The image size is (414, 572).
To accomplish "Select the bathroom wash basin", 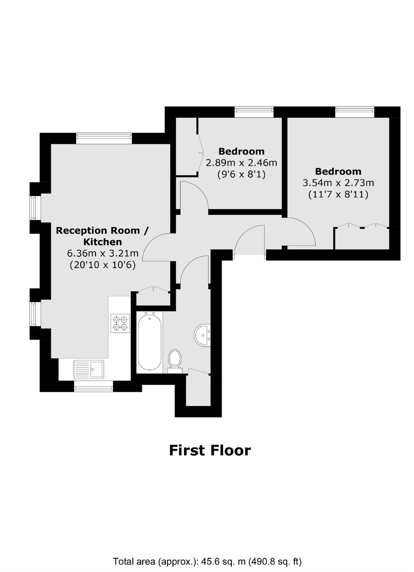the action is tap(202, 335).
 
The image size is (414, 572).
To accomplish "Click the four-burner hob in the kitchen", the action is tap(120, 323).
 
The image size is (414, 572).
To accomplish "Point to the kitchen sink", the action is tap(89, 369).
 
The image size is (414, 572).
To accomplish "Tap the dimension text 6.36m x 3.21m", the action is tap(103, 253).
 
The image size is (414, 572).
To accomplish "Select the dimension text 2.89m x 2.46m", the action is tap(241, 163).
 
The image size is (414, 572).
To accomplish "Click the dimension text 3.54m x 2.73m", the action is tap(338, 183).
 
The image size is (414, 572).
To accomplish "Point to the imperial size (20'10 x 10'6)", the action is tap(103, 265).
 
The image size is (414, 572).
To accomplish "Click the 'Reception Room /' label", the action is tap(102, 230).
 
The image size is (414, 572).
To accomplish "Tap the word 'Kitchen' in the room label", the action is tap(103, 242).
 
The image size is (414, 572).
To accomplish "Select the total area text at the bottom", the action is tap(207, 559).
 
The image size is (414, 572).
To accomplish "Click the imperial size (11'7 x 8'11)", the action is tap(338, 195).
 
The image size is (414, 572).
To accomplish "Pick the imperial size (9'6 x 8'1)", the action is tap(241, 175).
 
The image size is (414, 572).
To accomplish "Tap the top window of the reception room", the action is tap(104, 138).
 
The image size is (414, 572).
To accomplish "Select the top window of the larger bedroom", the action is tap(355, 112).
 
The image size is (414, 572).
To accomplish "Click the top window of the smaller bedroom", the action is tap(254, 112).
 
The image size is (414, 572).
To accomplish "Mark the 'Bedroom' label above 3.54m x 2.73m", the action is tap(338, 171).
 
